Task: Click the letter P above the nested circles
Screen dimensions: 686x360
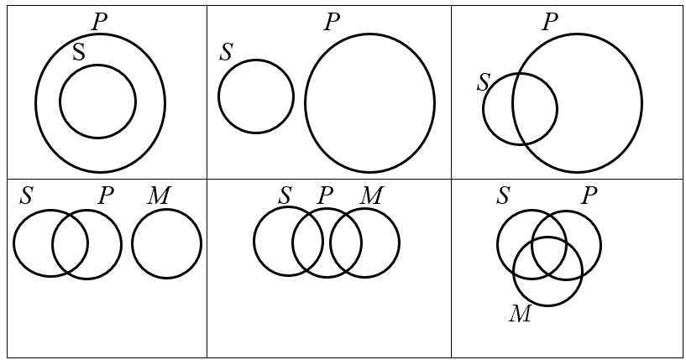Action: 99,22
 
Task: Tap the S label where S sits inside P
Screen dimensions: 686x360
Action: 78,52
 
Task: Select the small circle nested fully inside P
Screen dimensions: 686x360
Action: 97,102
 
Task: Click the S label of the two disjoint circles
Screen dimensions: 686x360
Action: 226,52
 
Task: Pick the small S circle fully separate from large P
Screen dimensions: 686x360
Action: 256,97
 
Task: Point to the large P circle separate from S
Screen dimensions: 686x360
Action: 369,102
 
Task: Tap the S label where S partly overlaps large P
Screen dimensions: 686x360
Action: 483,82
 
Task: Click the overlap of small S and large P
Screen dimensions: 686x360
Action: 534,109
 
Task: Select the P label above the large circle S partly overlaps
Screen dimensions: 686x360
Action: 550,22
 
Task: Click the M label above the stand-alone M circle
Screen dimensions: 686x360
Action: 158,196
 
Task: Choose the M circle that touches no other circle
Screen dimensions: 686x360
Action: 166,243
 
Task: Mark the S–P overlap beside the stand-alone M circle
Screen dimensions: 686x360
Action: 70,244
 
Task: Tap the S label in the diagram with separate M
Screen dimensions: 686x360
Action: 26,196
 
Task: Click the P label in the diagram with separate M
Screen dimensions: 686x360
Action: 105,196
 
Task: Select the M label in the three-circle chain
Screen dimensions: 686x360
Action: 370,196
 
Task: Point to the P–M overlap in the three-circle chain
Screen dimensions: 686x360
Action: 346,243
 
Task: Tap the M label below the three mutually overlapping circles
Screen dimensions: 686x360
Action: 520,315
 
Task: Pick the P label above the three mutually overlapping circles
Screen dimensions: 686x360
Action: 589,196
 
